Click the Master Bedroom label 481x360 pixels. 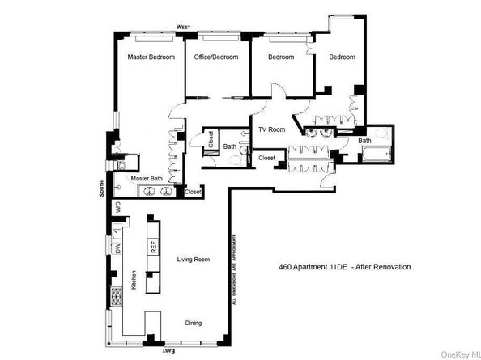pyautogui.click(x=151, y=57)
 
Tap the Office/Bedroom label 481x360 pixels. pyautogui.click(x=216, y=57)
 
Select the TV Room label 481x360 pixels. pyautogui.click(x=271, y=129)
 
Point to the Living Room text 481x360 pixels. pyautogui.click(x=194, y=260)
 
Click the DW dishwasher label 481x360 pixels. pyautogui.click(x=118, y=251)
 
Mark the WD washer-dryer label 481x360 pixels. pyautogui.click(x=117, y=207)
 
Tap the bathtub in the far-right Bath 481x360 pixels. pyautogui.click(x=373, y=159)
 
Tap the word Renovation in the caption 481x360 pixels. pyautogui.click(x=392, y=266)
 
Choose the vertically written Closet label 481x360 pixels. pyautogui.click(x=211, y=138)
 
